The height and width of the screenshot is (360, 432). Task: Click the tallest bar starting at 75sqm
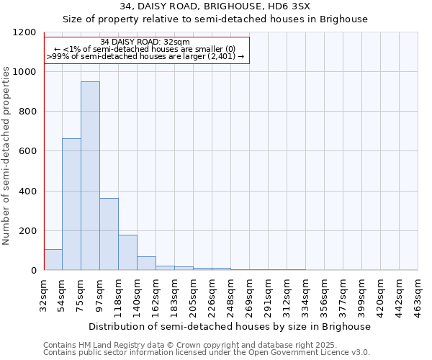click(x=90, y=176)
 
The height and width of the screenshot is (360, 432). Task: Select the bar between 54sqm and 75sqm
click(x=71, y=204)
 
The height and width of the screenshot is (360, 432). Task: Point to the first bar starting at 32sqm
click(x=53, y=259)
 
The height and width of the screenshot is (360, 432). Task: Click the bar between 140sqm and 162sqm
click(x=146, y=263)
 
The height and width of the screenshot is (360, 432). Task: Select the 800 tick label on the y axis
click(x=28, y=112)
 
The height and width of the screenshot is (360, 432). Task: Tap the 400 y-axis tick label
click(x=28, y=192)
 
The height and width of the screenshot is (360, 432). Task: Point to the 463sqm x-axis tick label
click(x=418, y=295)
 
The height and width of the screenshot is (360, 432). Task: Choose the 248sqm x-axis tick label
click(x=231, y=295)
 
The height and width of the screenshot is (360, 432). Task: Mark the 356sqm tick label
click(x=324, y=295)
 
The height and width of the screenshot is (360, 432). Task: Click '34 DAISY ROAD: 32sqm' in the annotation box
click(x=145, y=42)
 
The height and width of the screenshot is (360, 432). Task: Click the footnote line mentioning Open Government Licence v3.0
click(x=206, y=353)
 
